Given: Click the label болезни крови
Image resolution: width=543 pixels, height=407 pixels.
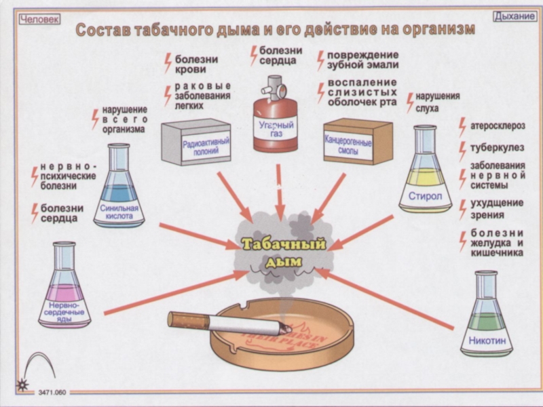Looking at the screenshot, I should [x=195, y=64].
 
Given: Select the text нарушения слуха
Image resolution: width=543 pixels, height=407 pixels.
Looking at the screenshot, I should [x=438, y=102].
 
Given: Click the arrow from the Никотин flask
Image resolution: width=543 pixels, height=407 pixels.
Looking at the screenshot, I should [x=387, y=298].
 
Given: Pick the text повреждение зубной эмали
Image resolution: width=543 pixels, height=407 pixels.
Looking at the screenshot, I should [x=363, y=60].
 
